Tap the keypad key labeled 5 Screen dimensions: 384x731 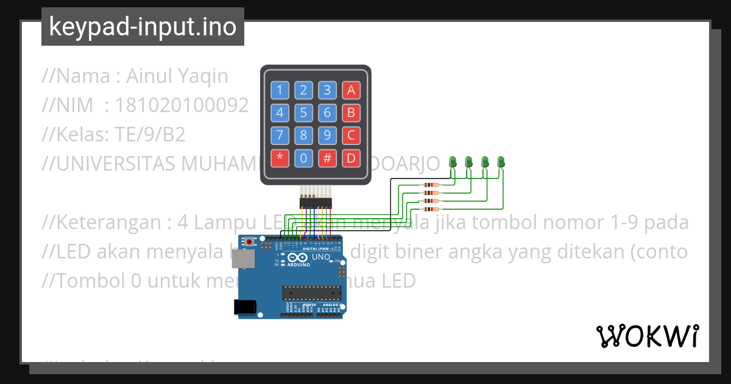303,113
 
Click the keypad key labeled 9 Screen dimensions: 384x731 327,135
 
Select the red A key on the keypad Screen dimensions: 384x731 350,90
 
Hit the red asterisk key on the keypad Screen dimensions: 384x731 280,158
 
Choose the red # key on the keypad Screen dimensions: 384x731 327,158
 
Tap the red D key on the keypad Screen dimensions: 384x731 350,158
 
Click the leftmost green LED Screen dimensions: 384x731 453,162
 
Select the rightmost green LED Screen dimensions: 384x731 501,162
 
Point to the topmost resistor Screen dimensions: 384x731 430,185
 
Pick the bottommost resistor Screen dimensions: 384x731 430,209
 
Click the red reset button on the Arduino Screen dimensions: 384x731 249,242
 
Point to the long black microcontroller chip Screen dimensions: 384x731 311,293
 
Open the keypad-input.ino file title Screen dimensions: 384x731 143,27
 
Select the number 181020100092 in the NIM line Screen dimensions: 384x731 182,105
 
